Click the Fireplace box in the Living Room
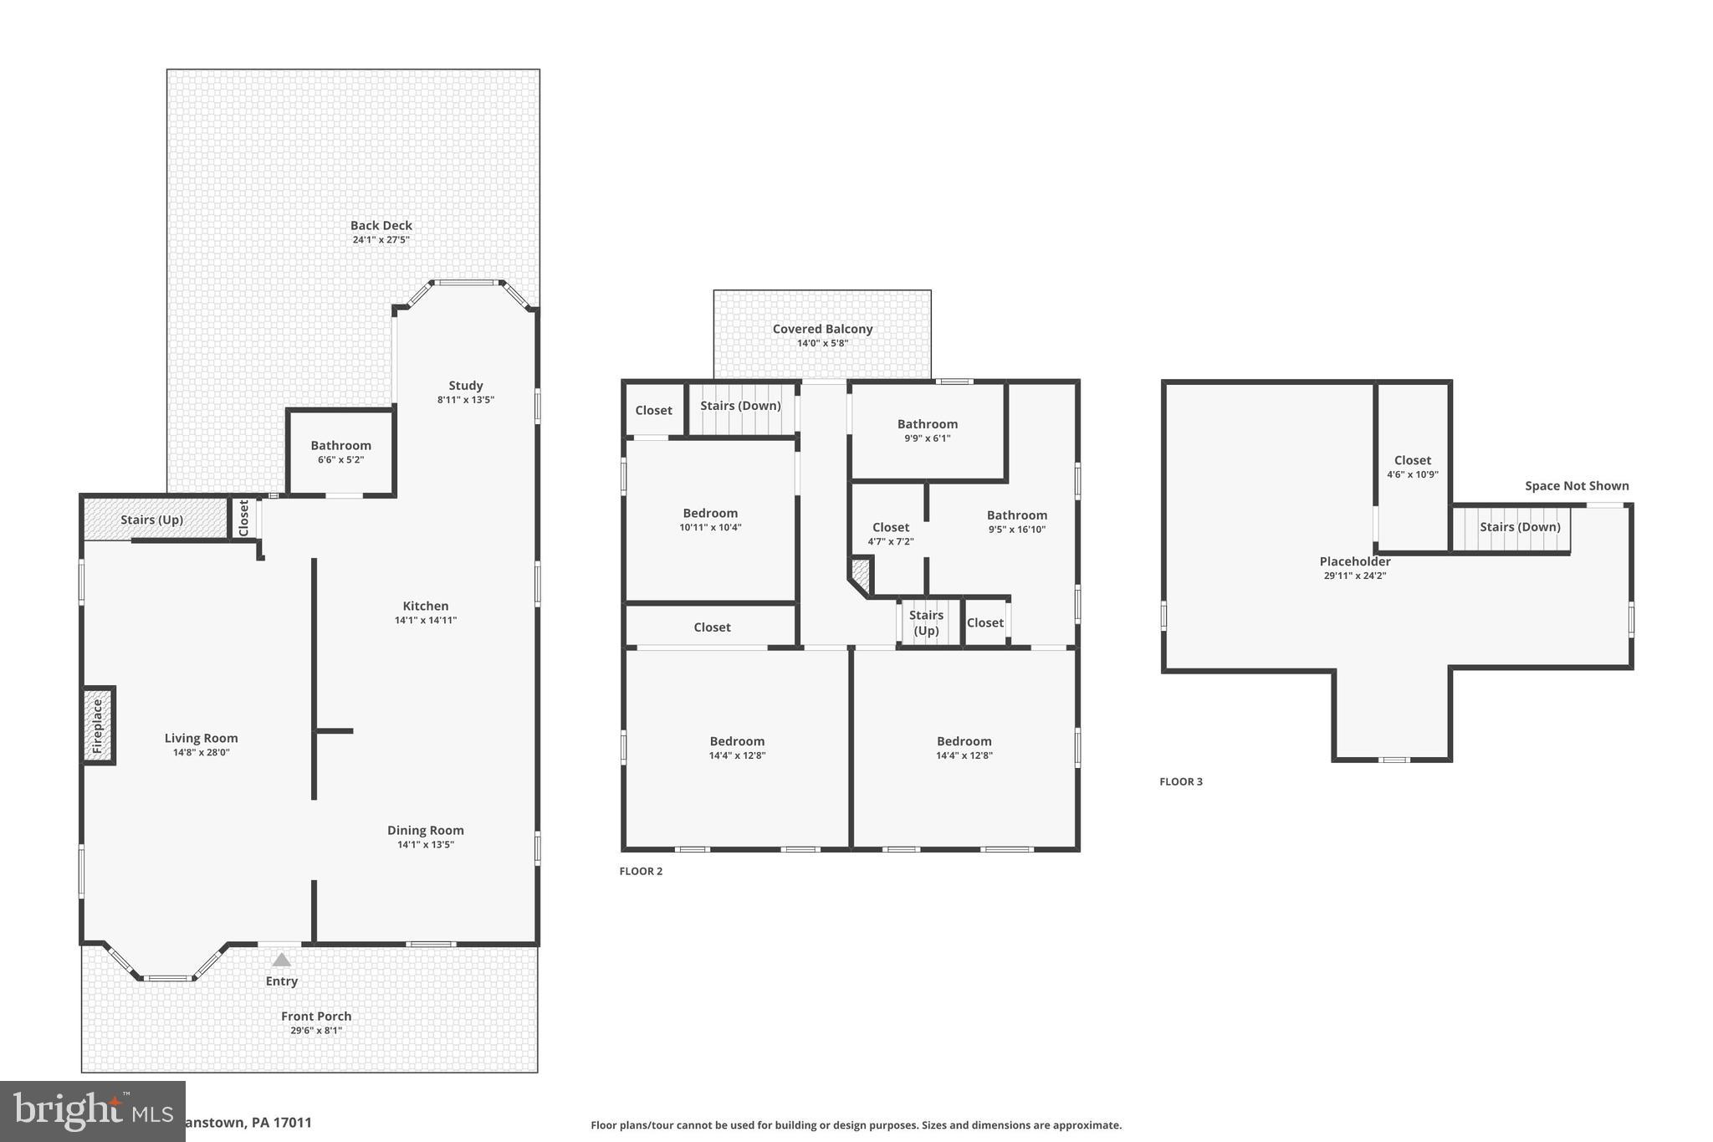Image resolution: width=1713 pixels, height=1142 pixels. [98, 725]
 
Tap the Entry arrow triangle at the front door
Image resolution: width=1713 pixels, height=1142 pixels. [282, 960]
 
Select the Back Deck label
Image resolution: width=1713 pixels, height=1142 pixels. [381, 225]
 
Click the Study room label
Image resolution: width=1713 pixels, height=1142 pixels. [465, 386]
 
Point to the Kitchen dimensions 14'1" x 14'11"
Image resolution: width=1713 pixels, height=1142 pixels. [425, 620]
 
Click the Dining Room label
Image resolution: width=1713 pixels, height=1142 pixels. [425, 830]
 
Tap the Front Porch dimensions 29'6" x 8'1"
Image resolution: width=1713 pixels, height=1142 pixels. [316, 1030]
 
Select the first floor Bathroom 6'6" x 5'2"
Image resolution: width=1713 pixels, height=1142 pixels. [340, 452]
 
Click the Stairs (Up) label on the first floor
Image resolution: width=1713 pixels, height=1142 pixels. [151, 520]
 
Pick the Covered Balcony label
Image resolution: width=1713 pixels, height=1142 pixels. [822, 329]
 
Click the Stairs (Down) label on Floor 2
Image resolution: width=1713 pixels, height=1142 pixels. [740, 406]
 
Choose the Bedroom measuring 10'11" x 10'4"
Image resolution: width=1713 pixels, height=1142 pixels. [710, 520]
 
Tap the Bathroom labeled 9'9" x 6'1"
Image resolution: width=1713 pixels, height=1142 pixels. [927, 430]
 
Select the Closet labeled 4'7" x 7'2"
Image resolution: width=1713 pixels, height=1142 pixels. [890, 534]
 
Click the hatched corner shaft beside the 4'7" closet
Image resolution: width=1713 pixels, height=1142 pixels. [861, 573]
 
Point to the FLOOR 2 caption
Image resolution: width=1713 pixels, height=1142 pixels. [641, 871]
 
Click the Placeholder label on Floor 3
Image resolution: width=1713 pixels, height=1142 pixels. [1354, 561]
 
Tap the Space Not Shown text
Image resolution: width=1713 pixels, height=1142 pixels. [1576, 486]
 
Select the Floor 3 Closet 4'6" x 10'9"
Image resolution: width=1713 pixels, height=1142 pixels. [1412, 466]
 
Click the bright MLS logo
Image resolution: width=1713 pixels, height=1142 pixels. [92, 1111]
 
